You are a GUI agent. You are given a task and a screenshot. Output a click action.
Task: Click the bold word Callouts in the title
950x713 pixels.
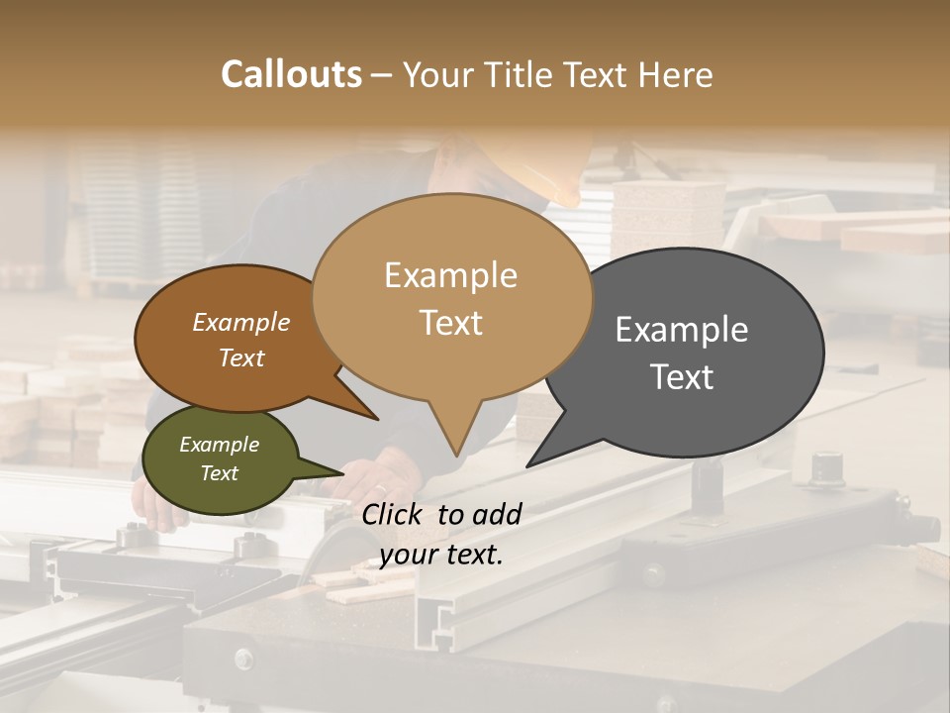[x=291, y=74]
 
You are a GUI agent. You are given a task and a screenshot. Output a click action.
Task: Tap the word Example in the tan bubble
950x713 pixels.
[x=450, y=275]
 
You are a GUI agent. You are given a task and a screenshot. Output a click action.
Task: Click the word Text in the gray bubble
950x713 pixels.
[x=682, y=376]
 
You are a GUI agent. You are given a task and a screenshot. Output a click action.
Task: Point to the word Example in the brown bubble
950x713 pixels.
[x=240, y=322]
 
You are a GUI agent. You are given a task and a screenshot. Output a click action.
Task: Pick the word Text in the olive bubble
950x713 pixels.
[x=219, y=473]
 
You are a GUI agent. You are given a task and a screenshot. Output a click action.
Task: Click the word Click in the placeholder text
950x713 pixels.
[x=394, y=513]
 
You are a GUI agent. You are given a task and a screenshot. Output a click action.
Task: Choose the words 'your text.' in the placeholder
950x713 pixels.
[x=441, y=555]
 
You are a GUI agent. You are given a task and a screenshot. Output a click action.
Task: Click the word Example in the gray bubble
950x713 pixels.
[x=682, y=330]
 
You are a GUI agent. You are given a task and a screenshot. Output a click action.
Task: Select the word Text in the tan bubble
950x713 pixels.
[x=450, y=322]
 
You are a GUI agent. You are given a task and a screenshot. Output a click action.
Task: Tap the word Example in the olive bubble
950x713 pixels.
[x=219, y=445]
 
